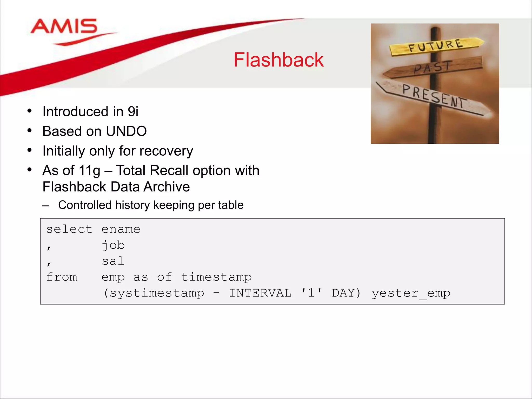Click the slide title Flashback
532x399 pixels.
278,60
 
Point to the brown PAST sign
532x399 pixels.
433,67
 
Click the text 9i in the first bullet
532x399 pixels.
133,111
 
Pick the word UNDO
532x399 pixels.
126,131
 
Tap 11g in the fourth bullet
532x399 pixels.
89,171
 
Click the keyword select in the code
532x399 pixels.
69,229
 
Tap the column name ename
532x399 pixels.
121,229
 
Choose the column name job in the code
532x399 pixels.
113,245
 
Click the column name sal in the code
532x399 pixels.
113,261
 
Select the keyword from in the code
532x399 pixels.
62,277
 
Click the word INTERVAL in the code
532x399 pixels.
260,293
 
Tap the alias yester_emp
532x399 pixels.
411,293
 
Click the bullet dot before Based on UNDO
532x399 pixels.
30,130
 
